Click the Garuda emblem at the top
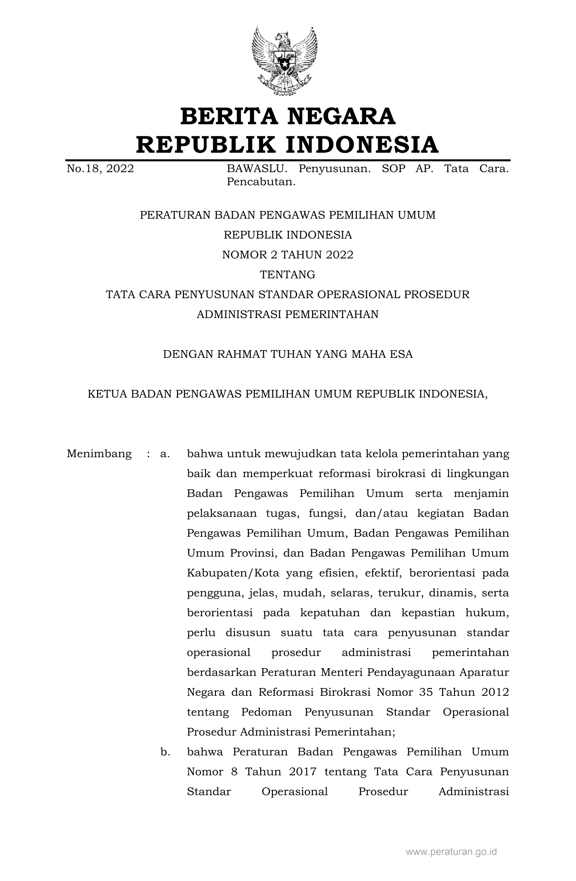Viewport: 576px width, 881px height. pos(285,60)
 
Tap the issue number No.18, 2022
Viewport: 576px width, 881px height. pos(100,169)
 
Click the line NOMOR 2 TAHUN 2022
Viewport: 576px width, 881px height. pos(287,255)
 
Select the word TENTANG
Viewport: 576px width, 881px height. pos(287,275)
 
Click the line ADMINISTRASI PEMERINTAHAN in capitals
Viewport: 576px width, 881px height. pos(287,314)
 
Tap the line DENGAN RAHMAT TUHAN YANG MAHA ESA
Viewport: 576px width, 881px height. pos(287,354)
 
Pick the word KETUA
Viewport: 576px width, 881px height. pos(107,394)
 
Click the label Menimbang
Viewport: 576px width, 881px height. pos(99,454)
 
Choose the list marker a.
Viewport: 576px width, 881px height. pos(165,454)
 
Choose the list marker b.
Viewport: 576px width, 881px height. pos(165,752)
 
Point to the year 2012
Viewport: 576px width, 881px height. pos(495,692)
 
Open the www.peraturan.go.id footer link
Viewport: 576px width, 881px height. pos(451,852)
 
